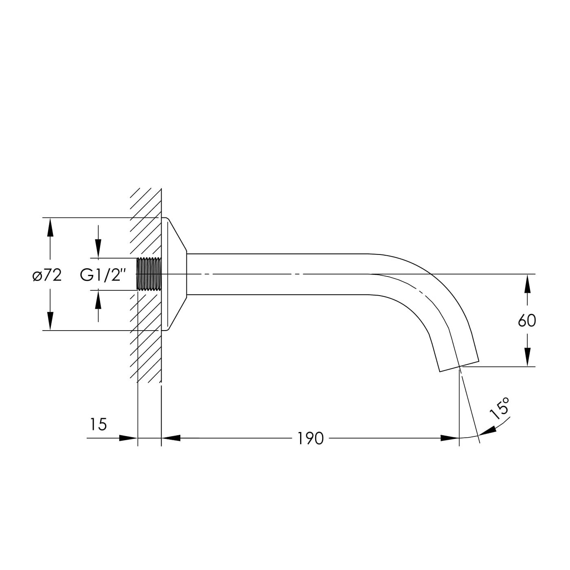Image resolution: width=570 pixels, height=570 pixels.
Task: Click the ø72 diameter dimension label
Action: click(47, 276)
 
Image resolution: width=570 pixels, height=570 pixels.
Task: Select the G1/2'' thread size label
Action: click(103, 275)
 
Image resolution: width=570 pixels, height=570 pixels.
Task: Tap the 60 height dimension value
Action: click(527, 321)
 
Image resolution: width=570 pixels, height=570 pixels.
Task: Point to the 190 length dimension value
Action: click(311, 438)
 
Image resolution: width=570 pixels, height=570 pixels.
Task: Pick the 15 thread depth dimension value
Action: click(98, 425)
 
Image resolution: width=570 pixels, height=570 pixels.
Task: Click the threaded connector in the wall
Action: click(149, 274)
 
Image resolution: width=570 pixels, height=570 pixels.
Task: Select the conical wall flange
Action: click(175, 274)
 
